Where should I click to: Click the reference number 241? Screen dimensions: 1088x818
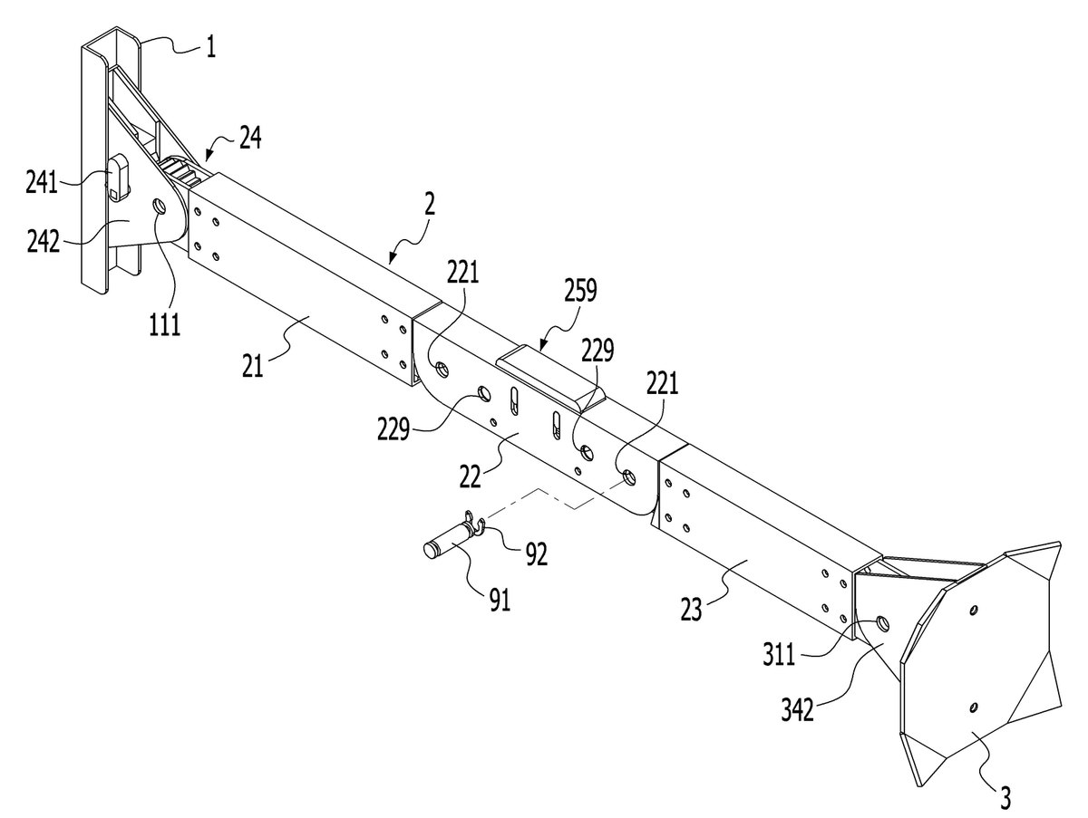pyautogui.click(x=42, y=183)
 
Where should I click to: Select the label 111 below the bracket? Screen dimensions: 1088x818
pyautogui.click(x=165, y=325)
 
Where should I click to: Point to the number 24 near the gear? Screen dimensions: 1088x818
pyautogui.click(x=250, y=138)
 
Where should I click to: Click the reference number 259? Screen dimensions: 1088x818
pyautogui.click(x=580, y=291)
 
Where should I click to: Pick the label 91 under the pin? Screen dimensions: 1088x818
pyautogui.click(x=500, y=601)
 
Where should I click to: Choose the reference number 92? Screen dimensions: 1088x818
pyautogui.click(x=537, y=554)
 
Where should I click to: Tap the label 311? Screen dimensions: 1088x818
pyautogui.click(x=780, y=655)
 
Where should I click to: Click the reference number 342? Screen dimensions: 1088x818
pyautogui.click(x=798, y=710)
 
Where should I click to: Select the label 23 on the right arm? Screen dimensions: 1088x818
pyautogui.click(x=691, y=610)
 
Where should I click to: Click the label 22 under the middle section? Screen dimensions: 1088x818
pyautogui.click(x=470, y=476)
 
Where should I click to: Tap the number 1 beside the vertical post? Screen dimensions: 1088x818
pyautogui.click(x=211, y=48)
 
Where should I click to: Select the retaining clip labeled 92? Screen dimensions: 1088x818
pyautogui.click(x=474, y=523)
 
